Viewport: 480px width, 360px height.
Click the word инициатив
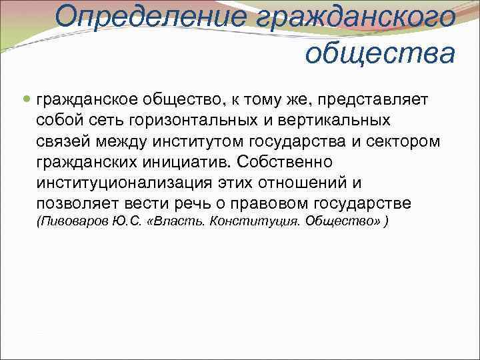point(185,162)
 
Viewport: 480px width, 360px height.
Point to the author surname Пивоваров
point(71,221)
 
